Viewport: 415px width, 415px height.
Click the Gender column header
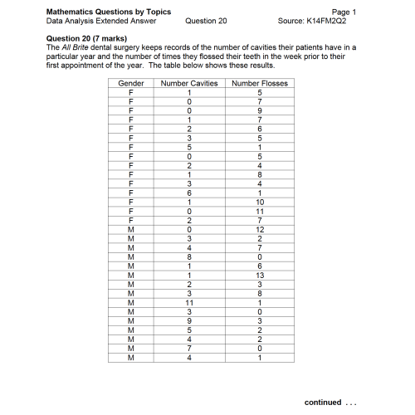131,84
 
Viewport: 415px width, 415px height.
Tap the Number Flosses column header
259,84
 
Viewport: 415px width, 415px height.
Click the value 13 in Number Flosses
259,274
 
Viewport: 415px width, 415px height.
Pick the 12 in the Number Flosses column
259,228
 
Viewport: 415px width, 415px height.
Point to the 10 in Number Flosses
259,202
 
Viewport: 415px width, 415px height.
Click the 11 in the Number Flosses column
259,211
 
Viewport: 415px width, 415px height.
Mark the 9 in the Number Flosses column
259,110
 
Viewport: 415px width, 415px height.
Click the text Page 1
342,12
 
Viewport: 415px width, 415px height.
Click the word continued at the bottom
324,403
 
